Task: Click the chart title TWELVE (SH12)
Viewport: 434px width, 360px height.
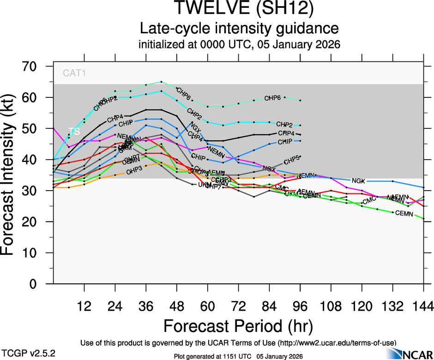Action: click(240, 9)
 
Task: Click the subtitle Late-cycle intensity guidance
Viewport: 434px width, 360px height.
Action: click(240, 29)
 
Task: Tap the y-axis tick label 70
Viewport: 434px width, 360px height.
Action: click(33, 66)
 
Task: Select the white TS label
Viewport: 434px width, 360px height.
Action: click(74, 131)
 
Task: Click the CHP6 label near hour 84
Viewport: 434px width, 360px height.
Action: click(272, 98)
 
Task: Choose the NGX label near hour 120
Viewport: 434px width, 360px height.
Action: click(358, 181)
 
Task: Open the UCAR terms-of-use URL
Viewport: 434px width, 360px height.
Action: click(338, 343)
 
